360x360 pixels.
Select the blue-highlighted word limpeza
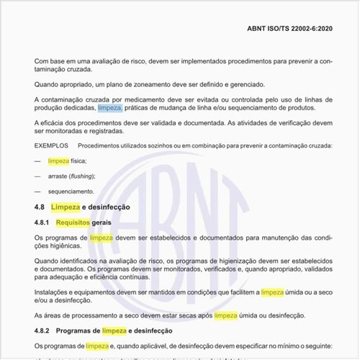coord(110,108)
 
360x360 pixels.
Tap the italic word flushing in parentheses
coord(81,176)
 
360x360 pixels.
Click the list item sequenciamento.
coord(71,192)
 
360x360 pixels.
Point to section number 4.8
coord(40,207)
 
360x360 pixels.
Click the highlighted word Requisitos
coord(73,222)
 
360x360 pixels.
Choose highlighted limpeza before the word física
coord(58,161)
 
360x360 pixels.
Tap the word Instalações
coord(53,292)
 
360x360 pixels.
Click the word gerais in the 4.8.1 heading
coord(102,222)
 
